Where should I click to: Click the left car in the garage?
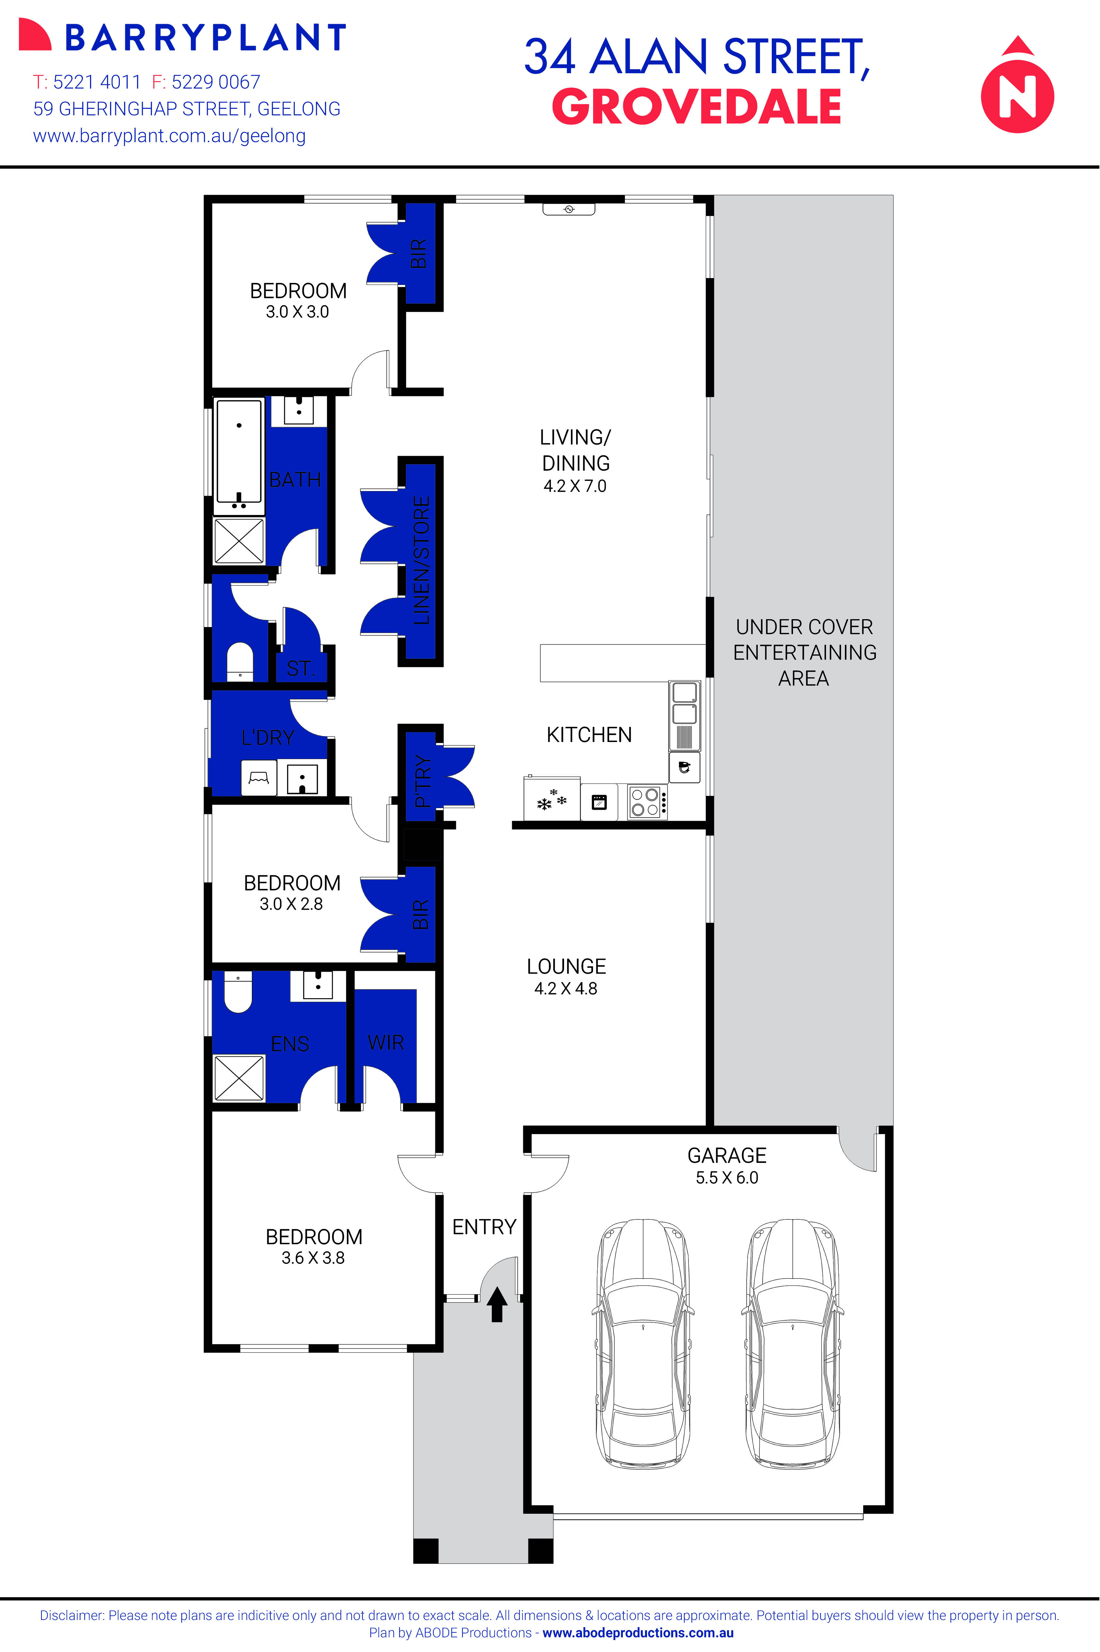[643, 1344]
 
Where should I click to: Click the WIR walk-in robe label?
[386, 1043]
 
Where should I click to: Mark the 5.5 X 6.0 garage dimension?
[727, 1178]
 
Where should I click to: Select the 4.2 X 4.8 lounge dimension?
[565, 989]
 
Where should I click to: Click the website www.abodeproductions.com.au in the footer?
[638, 1633]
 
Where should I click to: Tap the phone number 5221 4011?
[97, 82]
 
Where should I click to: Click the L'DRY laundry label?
[267, 737]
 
